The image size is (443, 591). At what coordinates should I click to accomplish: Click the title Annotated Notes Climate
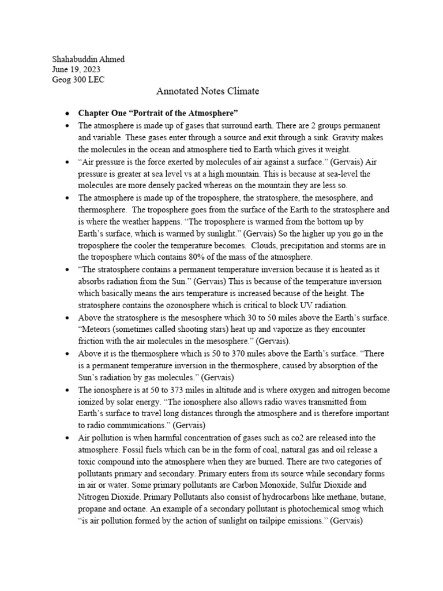[x=208, y=91]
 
